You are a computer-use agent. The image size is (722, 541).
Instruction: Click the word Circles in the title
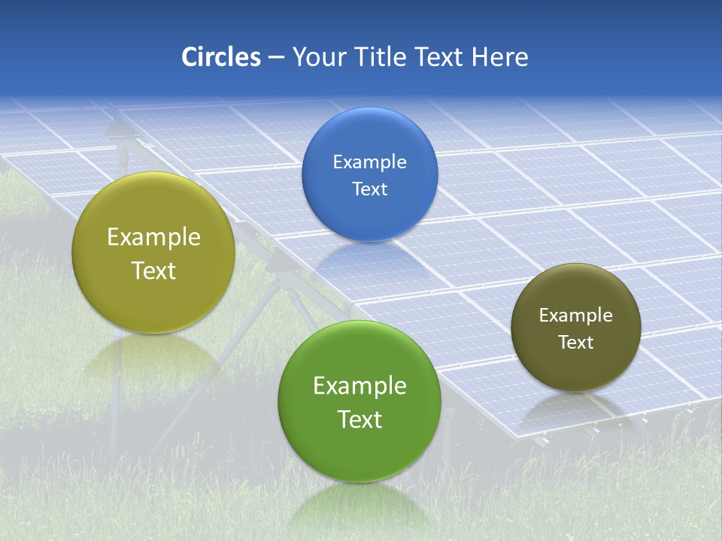tap(220, 57)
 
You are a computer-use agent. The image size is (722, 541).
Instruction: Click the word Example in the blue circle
tap(370, 162)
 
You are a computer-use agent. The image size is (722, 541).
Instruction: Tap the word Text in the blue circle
tap(370, 189)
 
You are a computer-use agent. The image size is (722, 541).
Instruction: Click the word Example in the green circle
tap(359, 386)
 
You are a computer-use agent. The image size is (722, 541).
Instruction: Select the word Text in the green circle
tap(359, 419)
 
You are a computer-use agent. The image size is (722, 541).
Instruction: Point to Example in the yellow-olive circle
tap(153, 237)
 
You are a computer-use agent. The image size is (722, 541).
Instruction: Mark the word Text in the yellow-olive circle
tap(153, 270)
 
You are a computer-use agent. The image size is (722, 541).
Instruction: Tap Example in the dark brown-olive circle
tap(576, 316)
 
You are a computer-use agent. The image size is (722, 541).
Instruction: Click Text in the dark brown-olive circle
tap(576, 343)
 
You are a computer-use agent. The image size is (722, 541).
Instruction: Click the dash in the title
tap(276, 58)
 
